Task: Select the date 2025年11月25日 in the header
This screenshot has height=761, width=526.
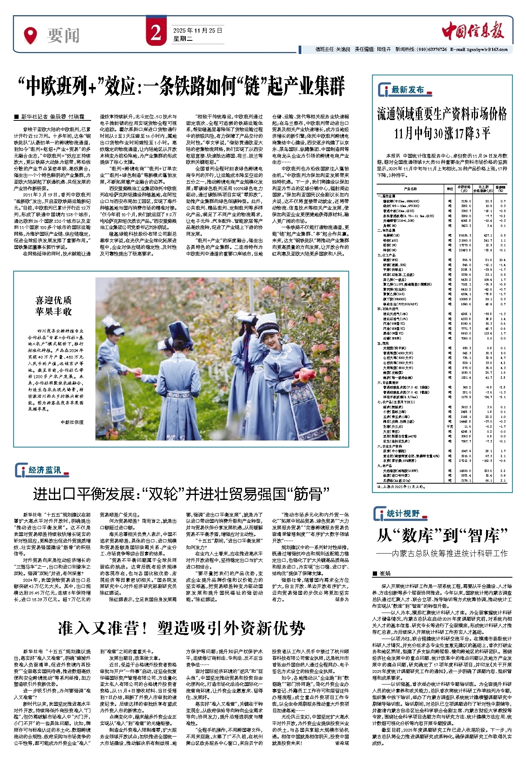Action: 197,30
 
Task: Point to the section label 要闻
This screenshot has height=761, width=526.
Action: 63,36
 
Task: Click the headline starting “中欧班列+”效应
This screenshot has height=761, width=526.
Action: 182,86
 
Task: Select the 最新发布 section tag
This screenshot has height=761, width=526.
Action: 407,90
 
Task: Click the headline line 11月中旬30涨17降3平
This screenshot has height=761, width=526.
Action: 442,134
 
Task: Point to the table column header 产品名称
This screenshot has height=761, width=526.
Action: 410,189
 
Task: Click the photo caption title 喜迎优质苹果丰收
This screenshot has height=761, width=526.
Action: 54,306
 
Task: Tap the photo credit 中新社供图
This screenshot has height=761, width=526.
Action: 72,422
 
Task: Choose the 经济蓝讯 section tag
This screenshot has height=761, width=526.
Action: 45,470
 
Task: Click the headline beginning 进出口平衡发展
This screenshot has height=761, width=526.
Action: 181,494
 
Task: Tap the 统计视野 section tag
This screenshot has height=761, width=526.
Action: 403,514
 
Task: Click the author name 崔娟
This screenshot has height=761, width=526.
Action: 385,573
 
